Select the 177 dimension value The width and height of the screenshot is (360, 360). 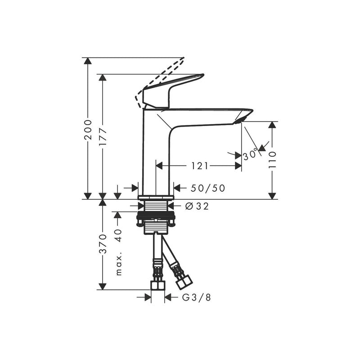(103, 136)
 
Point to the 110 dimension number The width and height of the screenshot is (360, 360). (272, 160)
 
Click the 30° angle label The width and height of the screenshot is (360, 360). (251, 155)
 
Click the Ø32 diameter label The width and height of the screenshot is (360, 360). (197, 206)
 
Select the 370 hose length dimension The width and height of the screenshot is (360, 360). (103, 243)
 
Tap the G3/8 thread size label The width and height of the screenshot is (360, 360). (196, 297)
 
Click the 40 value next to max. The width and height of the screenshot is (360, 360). (118, 236)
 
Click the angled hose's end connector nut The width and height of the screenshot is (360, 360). (184, 282)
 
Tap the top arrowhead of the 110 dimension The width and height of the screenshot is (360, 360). (272, 125)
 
